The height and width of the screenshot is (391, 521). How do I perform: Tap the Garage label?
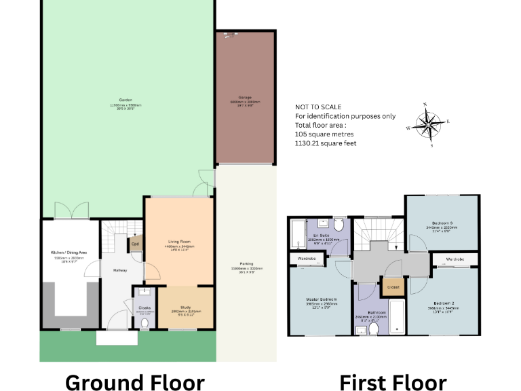pyautogui.click(x=245, y=97)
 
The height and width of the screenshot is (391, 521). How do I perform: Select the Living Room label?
pyautogui.click(x=180, y=242)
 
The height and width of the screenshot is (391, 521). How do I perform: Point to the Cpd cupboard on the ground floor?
pyautogui.click(x=136, y=244)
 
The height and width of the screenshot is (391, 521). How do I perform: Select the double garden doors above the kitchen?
pyautogui.click(x=71, y=211)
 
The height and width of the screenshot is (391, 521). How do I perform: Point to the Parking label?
pyautogui.click(x=246, y=264)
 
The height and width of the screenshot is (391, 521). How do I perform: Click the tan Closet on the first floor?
pyautogui.click(x=392, y=286)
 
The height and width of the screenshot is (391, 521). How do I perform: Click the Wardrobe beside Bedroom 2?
pyautogui.click(x=454, y=259)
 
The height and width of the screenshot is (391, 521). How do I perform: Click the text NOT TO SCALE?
pyautogui.click(x=317, y=107)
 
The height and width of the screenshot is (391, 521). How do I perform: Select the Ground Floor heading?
pyautogui.click(x=134, y=382)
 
